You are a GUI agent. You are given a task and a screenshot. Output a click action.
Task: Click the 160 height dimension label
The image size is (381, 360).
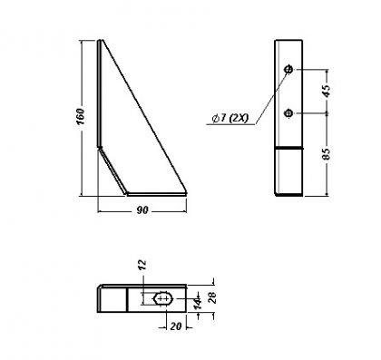click(x=80, y=116)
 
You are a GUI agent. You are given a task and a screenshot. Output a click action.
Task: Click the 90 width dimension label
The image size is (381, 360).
click(x=142, y=210)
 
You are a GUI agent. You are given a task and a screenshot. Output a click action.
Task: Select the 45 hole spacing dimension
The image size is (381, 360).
click(x=327, y=91)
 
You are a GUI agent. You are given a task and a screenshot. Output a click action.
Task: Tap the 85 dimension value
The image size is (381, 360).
click(x=327, y=154)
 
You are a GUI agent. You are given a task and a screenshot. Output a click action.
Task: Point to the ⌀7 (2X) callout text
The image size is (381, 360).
click(x=230, y=118)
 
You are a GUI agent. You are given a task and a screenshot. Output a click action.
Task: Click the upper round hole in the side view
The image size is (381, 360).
click(x=288, y=69)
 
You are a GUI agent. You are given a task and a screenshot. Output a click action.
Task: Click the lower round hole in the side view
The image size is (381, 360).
click(x=288, y=113)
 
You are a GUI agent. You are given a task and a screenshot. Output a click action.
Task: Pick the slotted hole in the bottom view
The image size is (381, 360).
click(x=163, y=298)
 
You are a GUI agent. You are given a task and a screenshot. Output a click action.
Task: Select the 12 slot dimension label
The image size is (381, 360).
click(x=142, y=265)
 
